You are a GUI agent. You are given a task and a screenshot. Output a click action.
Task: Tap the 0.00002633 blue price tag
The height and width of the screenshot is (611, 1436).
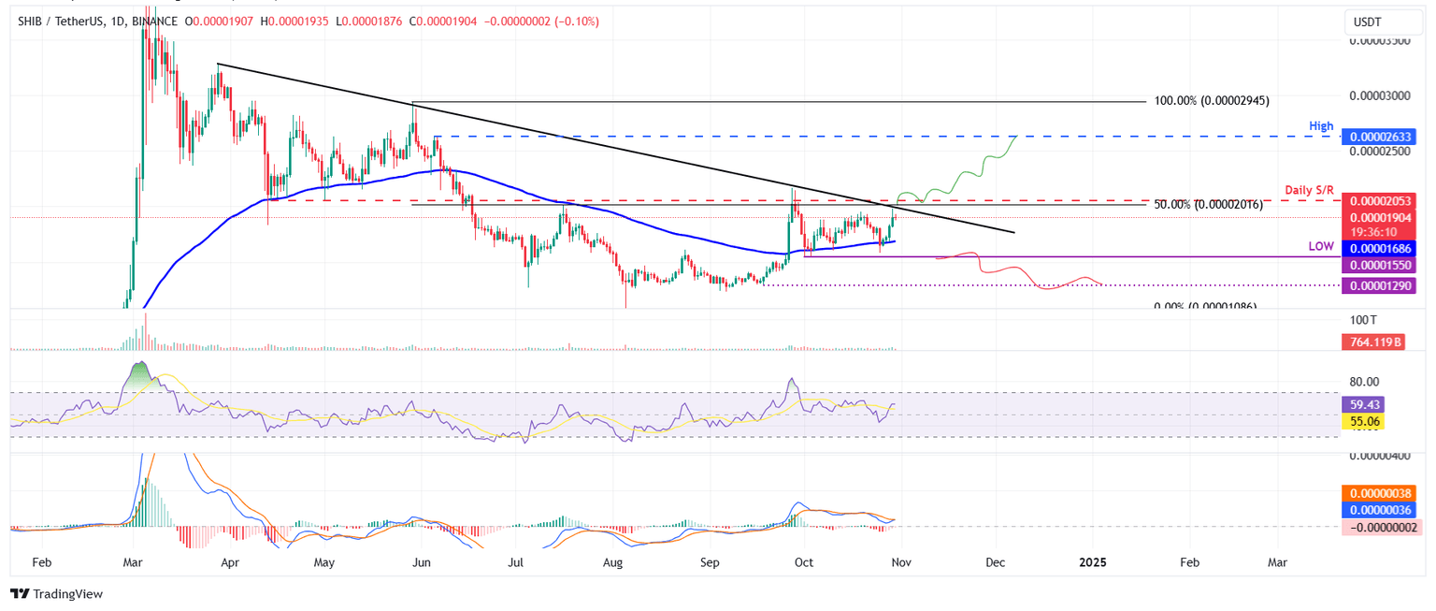coord(1378,137)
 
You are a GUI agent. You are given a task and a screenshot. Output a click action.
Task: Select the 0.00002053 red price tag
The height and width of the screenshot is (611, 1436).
coord(1378,200)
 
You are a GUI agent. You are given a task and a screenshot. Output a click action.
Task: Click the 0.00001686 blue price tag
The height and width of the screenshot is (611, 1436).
coord(1378,249)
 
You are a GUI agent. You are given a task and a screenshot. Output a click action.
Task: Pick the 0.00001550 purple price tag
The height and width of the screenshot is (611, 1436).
coord(1378,266)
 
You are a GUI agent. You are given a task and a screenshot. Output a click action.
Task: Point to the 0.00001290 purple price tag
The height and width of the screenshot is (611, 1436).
coord(1378,285)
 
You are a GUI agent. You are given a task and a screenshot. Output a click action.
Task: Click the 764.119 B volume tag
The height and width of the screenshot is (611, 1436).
coord(1378,342)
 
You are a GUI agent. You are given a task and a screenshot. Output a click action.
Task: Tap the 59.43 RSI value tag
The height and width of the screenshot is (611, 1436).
coord(1362,405)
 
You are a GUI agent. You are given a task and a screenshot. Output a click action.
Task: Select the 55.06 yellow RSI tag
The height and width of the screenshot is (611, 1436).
coord(1362,422)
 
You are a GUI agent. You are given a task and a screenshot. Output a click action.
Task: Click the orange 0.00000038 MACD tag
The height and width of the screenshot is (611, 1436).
coord(1378,492)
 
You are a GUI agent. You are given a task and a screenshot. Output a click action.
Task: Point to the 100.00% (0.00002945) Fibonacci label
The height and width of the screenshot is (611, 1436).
coord(1212,100)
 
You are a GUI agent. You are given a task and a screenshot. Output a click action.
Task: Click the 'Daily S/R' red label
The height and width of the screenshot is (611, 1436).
coord(1309,190)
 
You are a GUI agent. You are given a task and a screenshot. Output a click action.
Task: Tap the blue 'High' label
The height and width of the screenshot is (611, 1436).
coord(1320,125)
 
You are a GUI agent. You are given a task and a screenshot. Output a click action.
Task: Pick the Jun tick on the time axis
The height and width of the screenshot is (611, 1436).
coord(421,562)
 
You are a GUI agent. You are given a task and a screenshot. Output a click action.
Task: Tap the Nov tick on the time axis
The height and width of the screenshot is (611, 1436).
coord(901,562)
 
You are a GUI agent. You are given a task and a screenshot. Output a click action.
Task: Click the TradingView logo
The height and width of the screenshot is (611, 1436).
coord(56,593)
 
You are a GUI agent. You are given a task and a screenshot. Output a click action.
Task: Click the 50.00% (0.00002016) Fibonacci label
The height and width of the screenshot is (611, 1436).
coord(1208,205)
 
